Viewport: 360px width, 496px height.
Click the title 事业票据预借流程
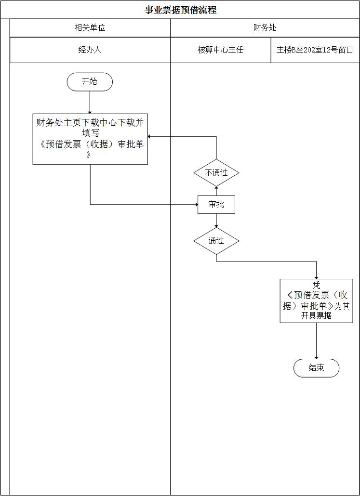tap(180, 10)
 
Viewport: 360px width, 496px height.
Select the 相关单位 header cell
tap(90, 28)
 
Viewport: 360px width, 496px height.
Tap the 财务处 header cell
tap(265, 28)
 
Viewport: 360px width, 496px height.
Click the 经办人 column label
tap(90, 50)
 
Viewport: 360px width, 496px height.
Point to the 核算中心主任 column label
tap(220, 50)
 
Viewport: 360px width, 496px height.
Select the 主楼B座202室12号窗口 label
tap(315, 50)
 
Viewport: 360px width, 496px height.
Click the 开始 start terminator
tap(90, 82)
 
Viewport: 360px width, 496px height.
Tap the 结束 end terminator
tap(316, 368)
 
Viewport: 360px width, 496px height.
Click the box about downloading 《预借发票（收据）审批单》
tap(90, 139)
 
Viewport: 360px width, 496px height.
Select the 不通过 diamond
tap(216, 172)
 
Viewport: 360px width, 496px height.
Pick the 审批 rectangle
tap(216, 205)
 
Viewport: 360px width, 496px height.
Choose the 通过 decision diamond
tap(216, 240)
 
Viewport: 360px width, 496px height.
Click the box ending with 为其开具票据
tap(316, 300)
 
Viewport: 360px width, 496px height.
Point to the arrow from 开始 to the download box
tap(90, 102)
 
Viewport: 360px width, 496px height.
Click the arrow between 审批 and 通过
tap(216, 221)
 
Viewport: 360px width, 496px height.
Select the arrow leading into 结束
tap(316, 340)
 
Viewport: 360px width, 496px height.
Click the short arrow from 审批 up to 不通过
tap(216, 191)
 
